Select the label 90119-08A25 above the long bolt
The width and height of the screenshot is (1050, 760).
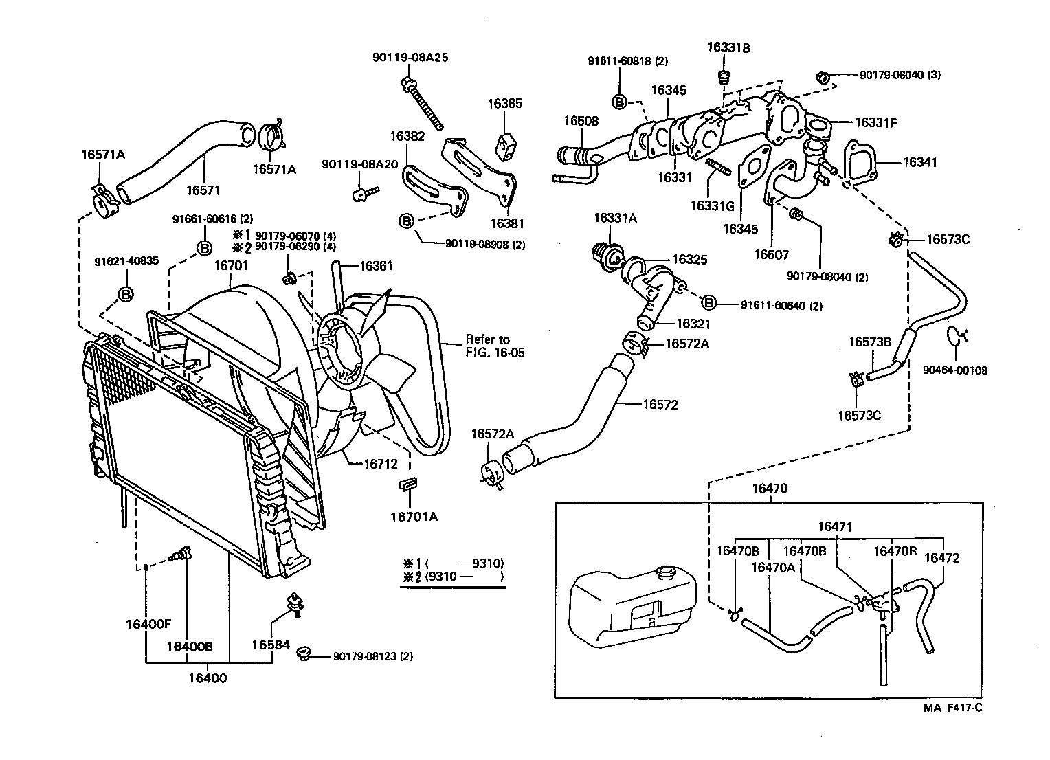410,58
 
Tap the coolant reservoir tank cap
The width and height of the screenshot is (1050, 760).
665,572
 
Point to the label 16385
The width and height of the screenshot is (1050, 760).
505,104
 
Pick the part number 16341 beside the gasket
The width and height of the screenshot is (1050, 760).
919,162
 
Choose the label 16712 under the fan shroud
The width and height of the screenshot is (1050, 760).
381,463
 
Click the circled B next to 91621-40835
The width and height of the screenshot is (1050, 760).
126,294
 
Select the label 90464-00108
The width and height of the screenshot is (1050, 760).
954,370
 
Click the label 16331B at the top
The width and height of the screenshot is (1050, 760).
728,47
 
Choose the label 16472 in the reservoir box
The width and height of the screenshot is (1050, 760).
941,558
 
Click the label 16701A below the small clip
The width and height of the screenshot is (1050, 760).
414,516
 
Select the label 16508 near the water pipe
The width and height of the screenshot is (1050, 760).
581,120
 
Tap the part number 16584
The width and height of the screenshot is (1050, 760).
271,645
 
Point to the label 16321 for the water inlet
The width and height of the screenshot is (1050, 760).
693,324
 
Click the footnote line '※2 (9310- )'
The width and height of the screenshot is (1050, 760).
454,577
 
